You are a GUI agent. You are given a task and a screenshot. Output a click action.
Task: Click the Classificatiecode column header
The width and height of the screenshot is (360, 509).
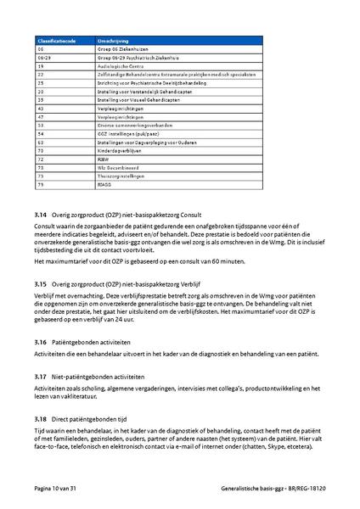pos(56,40)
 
